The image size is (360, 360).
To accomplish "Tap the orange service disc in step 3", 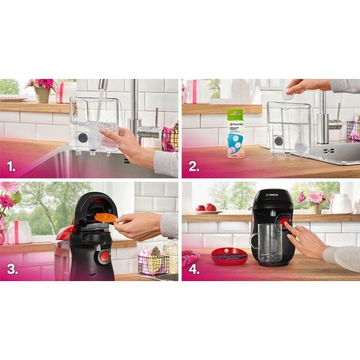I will tap(105, 217).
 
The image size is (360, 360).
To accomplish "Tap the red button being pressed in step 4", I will tap(284, 224).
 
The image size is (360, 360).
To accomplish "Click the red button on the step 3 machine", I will tap(104, 256).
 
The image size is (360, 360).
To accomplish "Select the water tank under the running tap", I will tap(94, 124).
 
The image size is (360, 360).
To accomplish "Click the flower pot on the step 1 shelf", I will tap(43, 94).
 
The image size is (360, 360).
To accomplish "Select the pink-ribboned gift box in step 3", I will tap(18, 232).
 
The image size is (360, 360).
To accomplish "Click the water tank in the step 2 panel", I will tap(289, 128).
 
